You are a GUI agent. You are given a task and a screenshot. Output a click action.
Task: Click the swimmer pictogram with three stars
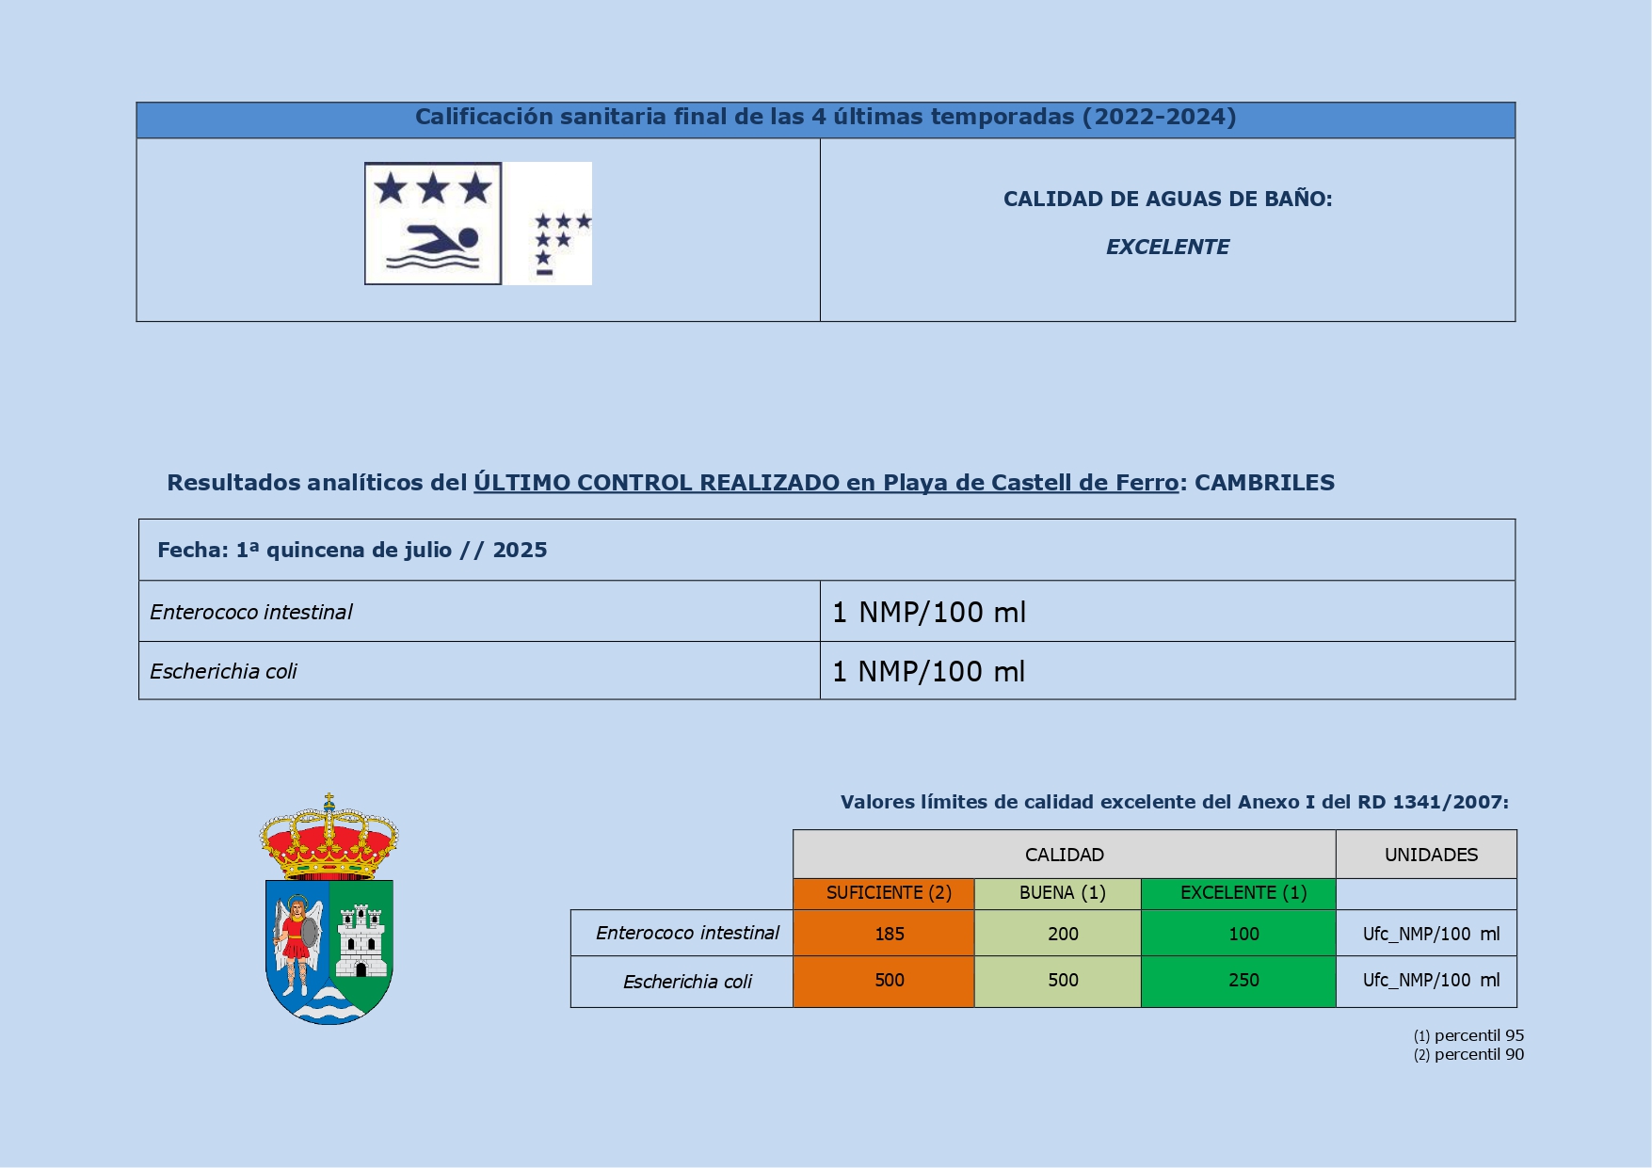pos(433,223)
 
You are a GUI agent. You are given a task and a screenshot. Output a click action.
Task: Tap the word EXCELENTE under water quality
pos(1167,248)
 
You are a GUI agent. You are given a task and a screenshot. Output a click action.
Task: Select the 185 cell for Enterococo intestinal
pos(889,934)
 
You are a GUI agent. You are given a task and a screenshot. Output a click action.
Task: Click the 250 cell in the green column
pos(1243,981)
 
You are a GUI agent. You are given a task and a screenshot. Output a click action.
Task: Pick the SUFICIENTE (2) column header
pos(888,893)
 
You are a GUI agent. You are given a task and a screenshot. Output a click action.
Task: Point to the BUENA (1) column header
pos(1062,893)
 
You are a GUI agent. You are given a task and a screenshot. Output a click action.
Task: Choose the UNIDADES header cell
pos(1430,855)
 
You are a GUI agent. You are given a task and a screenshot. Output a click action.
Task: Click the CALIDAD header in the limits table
pos(1064,855)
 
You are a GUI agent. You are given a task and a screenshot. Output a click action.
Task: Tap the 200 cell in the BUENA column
pos(1062,934)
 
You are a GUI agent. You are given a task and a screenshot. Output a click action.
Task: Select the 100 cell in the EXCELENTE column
pos(1243,934)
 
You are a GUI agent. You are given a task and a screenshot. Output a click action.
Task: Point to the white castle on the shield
pos(361,941)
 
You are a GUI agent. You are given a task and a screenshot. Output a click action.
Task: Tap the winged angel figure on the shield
pos(297,941)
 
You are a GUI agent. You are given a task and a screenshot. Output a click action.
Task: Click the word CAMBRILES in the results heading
pos(1264,483)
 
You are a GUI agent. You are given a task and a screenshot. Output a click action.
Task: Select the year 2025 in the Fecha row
pos(520,551)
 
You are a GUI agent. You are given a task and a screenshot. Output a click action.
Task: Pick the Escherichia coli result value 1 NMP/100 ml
pos(929,672)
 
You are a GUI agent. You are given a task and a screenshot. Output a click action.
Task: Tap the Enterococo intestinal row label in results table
pos(251,613)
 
